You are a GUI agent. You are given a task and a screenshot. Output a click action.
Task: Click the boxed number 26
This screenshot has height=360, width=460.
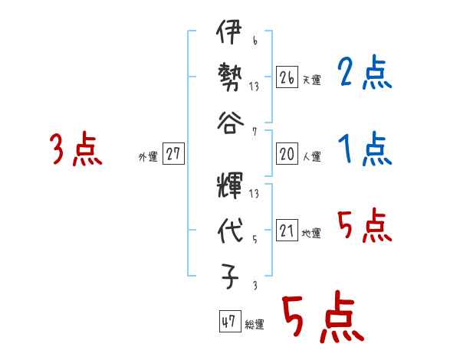tap(287, 77)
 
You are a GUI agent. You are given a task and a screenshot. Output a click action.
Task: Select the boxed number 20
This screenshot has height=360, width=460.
tap(287, 154)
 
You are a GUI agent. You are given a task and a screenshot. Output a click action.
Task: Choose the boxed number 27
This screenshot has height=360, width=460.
tap(173, 154)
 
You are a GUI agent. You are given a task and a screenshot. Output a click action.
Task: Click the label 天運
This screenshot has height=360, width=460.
tap(311, 80)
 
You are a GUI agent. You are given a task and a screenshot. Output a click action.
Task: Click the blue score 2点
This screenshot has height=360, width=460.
tap(364, 74)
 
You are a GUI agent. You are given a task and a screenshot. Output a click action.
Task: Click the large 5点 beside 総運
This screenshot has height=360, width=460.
tap(322, 319)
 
